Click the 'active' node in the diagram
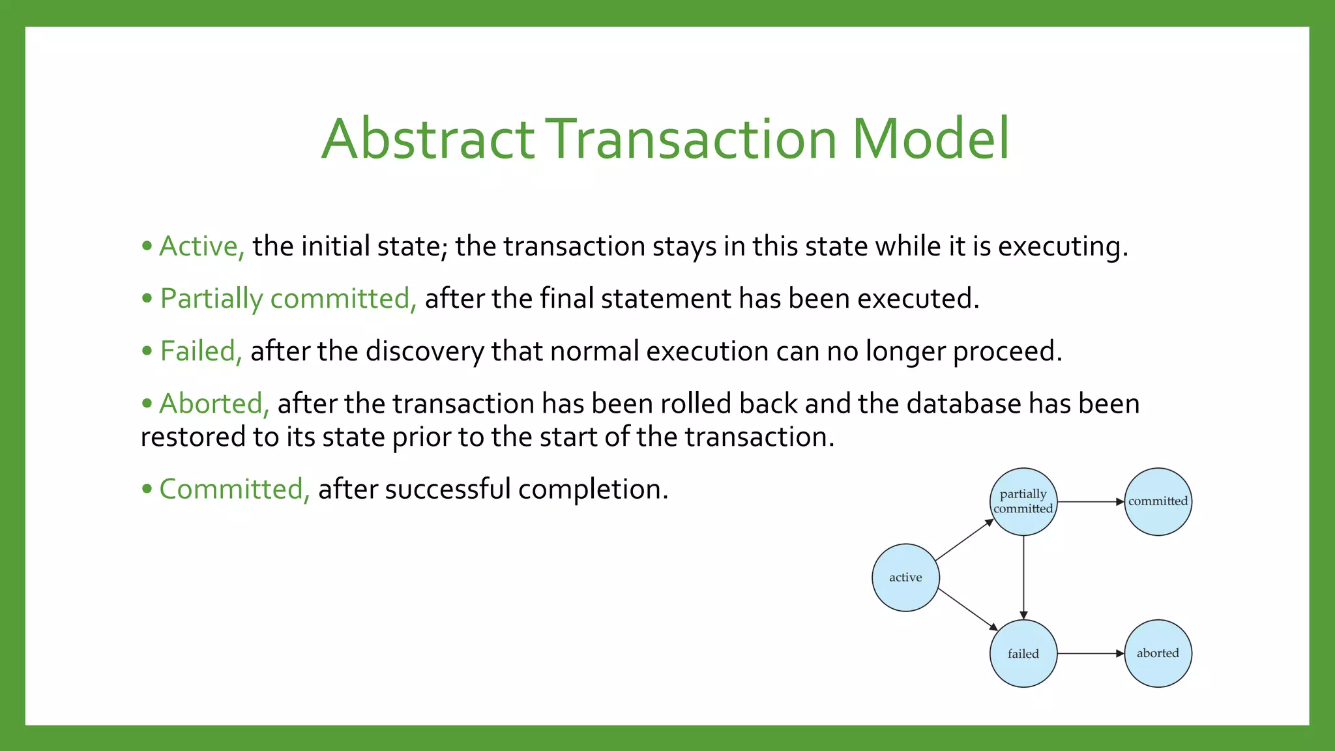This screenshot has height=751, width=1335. pyautogui.click(x=905, y=578)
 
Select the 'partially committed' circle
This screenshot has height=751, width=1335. pyautogui.click(x=1023, y=501)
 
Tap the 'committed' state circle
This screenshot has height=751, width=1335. pyautogui.click(x=1158, y=501)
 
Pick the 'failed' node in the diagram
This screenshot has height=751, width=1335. pyautogui.click(x=1023, y=653)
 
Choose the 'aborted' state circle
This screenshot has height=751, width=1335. pyautogui.click(x=1158, y=653)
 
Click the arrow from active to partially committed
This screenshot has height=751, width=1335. pyautogui.click(x=964, y=540)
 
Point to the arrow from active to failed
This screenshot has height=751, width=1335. pyautogui.click(x=967, y=609)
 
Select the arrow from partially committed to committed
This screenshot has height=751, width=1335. pyautogui.click(x=1090, y=502)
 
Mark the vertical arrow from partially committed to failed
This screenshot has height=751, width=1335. pyautogui.click(x=1023, y=577)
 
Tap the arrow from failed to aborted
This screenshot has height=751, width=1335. pyautogui.click(x=1090, y=653)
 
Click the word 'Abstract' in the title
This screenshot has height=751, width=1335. pyautogui.click(x=428, y=139)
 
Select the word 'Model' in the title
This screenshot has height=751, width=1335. pyautogui.click(x=930, y=139)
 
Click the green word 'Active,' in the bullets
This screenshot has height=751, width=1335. pyautogui.click(x=201, y=246)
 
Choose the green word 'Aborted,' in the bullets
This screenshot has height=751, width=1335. pyautogui.click(x=214, y=404)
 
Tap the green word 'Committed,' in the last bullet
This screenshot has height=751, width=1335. pyautogui.click(x=234, y=490)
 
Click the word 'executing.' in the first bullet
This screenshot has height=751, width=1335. pyautogui.click(x=1063, y=246)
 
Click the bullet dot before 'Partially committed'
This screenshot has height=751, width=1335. pyautogui.click(x=147, y=299)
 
